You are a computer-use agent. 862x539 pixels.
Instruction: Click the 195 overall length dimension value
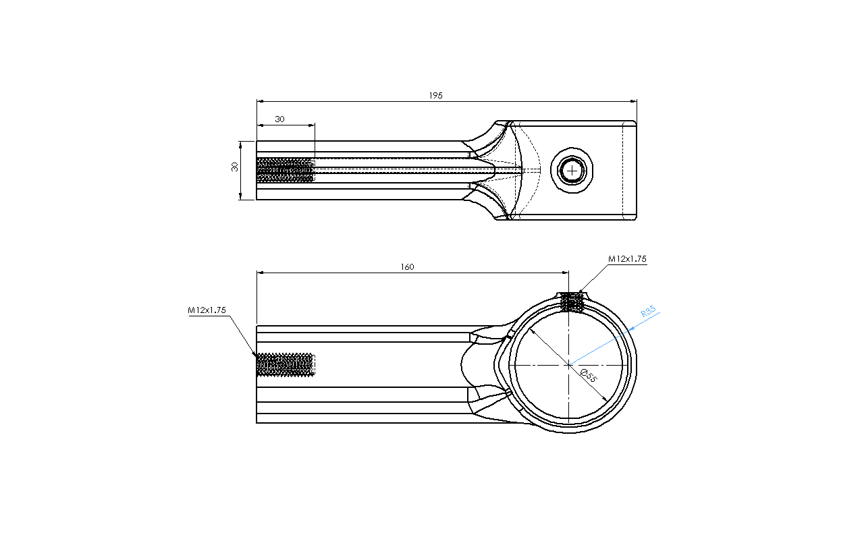pos(435,95)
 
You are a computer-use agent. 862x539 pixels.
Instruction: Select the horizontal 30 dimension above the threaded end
pos(279,119)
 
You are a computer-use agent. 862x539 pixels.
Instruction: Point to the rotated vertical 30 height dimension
pos(235,167)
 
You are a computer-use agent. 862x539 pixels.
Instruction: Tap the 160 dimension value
pos(407,267)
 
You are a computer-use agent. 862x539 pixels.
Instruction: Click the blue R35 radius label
pos(648,311)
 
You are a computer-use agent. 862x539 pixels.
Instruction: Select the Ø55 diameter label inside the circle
pos(589,376)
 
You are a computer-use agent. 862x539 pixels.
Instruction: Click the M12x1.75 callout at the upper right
pos(627,259)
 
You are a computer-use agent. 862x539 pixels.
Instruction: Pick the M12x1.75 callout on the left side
pos(207,310)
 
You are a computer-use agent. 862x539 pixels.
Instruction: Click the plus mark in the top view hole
pos(572,170)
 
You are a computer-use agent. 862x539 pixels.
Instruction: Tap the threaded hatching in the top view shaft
pos(286,169)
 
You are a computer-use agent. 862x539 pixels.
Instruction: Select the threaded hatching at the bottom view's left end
pos(286,364)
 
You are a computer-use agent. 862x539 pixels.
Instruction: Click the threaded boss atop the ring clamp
pos(572,301)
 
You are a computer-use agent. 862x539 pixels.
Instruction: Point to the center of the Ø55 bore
pos(569,365)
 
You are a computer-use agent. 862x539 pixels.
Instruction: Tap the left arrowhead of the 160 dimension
pos(260,273)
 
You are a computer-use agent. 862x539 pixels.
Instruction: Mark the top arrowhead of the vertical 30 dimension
pos(240,144)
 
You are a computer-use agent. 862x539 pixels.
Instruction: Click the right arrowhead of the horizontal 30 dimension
pos(311,125)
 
